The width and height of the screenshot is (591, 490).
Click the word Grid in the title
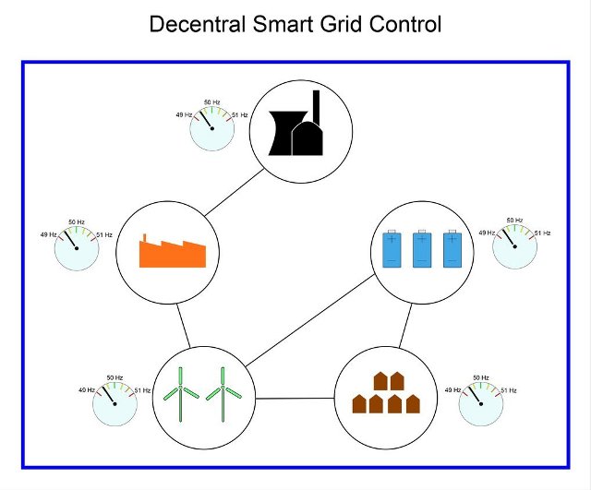tap(343, 24)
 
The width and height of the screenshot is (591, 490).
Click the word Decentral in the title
tap(197, 24)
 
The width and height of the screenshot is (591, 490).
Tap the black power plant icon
tap(295, 123)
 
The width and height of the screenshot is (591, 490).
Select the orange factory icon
tap(173, 251)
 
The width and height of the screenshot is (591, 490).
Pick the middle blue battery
tap(422, 248)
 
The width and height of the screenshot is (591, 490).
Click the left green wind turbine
tap(181, 394)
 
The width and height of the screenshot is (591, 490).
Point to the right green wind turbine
tap(223, 394)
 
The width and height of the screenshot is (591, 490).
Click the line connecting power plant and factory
tap(235, 193)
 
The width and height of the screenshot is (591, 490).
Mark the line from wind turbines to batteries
tap(310, 320)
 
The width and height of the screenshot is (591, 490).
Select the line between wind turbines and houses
tap(295, 398)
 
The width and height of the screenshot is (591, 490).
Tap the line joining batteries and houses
tap(405, 326)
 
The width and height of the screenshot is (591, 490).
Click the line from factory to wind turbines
tap(184, 326)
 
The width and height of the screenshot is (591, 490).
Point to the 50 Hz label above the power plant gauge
tap(211, 102)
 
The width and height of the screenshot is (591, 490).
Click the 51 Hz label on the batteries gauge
tap(542, 233)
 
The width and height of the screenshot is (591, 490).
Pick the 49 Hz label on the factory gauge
tap(49, 234)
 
